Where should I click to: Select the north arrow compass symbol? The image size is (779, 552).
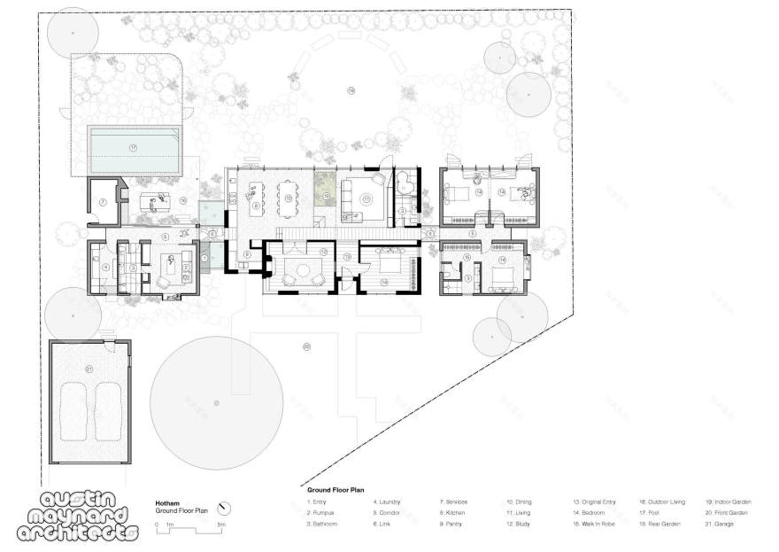pos(225,508)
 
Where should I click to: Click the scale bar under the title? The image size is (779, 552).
pos(189,525)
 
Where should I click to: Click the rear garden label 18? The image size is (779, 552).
pos(351,91)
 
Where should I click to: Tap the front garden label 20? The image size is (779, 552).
pos(306,346)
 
